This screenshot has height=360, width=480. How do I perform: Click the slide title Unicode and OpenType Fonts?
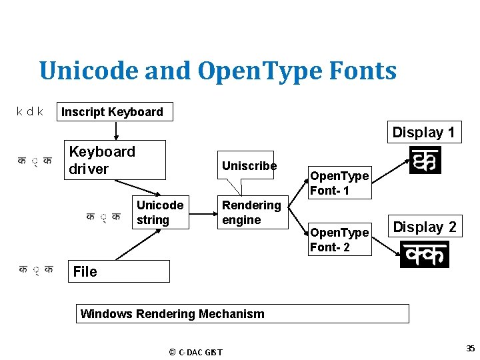217,71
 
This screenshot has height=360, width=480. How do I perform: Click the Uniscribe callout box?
249,165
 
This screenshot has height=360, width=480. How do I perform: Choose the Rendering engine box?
251,213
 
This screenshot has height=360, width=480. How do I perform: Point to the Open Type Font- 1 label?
339,183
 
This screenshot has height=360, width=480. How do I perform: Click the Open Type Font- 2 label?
339,240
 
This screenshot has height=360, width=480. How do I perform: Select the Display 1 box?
423,132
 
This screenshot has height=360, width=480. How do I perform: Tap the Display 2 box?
425,227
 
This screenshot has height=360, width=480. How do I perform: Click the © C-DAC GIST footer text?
195,352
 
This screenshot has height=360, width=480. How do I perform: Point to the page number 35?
470,348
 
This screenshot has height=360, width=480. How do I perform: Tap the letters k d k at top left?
30,111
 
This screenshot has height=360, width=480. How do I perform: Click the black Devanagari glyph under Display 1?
425,161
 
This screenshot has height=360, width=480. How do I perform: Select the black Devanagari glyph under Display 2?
424,255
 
